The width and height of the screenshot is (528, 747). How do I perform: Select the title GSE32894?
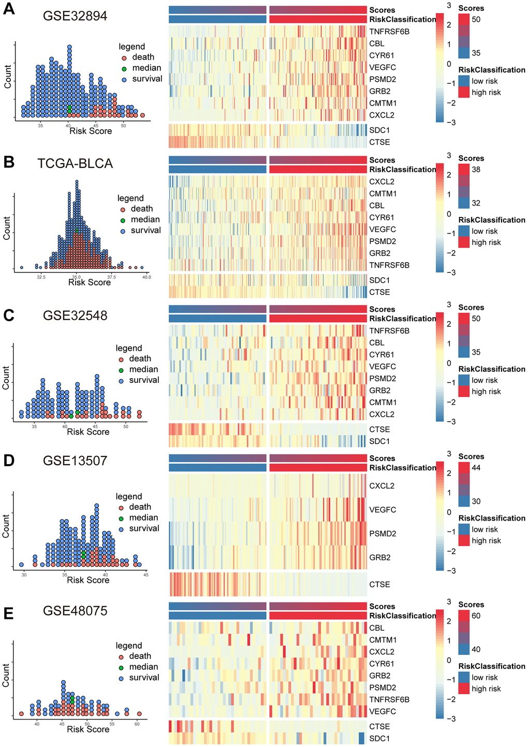tap(76, 16)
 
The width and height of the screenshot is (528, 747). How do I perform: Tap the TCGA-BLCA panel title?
tap(75, 163)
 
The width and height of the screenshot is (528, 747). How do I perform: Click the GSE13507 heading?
tap(75, 461)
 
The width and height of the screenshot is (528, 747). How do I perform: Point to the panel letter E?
tap(8, 614)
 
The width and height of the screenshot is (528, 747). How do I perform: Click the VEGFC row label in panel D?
tap(383, 510)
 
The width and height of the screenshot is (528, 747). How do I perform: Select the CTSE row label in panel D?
tap(379, 584)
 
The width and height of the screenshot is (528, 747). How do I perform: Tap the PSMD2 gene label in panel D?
tap(383, 534)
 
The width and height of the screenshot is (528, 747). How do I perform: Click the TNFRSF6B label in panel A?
tap(389, 32)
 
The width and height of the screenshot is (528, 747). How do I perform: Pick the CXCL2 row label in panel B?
tap(382, 182)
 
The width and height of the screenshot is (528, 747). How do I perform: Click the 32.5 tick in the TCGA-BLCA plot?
tap(41, 277)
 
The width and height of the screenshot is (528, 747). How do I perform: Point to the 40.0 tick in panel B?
tap(146, 277)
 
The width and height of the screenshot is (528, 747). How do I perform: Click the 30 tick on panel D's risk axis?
tap(24, 575)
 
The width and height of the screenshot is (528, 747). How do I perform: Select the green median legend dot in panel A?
tap(124, 68)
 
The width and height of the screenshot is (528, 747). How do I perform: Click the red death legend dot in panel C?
tap(121, 358)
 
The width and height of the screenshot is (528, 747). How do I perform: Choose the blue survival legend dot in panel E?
tap(121, 678)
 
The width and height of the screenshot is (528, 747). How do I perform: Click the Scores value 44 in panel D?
tap(476, 468)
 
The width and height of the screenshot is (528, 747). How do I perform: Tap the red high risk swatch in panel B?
tap(464, 242)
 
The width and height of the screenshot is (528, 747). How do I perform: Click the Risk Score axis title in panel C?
tap(88, 432)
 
